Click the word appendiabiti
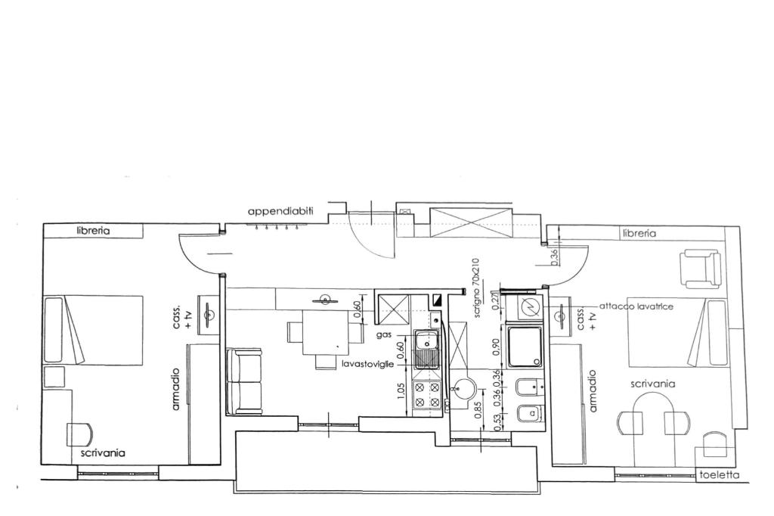(x=280, y=212)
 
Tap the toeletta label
(x=720, y=475)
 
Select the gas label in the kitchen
(x=383, y=335)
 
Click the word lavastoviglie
(x=368, y=364)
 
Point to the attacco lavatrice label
(x=636, y=306)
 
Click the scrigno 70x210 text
(x=476, y=288)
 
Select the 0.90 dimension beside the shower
(x=496, y=347)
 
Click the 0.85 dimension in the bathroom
(x=478, y=410)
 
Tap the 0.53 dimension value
(x=497, y=423)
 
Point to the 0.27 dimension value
(x=497, y=301)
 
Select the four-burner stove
(x=427, y=396)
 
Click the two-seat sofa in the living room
(x=244, y=381)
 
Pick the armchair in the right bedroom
(x=700, y=269)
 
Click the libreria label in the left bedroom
(x=93, y=230)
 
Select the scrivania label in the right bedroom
(x=653, y=384)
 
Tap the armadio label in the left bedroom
(x=175, y=389)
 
